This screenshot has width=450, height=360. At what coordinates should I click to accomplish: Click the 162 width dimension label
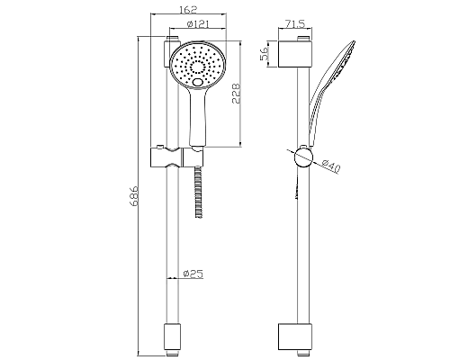[188, 9]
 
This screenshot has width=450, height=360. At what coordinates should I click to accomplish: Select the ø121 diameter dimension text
[198, 24]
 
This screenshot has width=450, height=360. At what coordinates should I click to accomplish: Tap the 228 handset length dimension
[236, 94]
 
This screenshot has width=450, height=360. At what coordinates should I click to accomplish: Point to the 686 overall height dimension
[134, 196]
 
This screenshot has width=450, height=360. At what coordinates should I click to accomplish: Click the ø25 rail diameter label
[193, 274]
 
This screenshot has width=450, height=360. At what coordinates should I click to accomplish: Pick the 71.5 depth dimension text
[295, 24]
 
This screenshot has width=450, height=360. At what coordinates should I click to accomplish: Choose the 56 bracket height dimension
[265, 54]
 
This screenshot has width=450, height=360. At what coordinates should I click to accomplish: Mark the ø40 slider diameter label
[331, 166]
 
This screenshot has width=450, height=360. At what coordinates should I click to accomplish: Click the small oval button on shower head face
[198, 82]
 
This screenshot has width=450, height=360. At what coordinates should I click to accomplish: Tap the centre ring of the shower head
[198, 67]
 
